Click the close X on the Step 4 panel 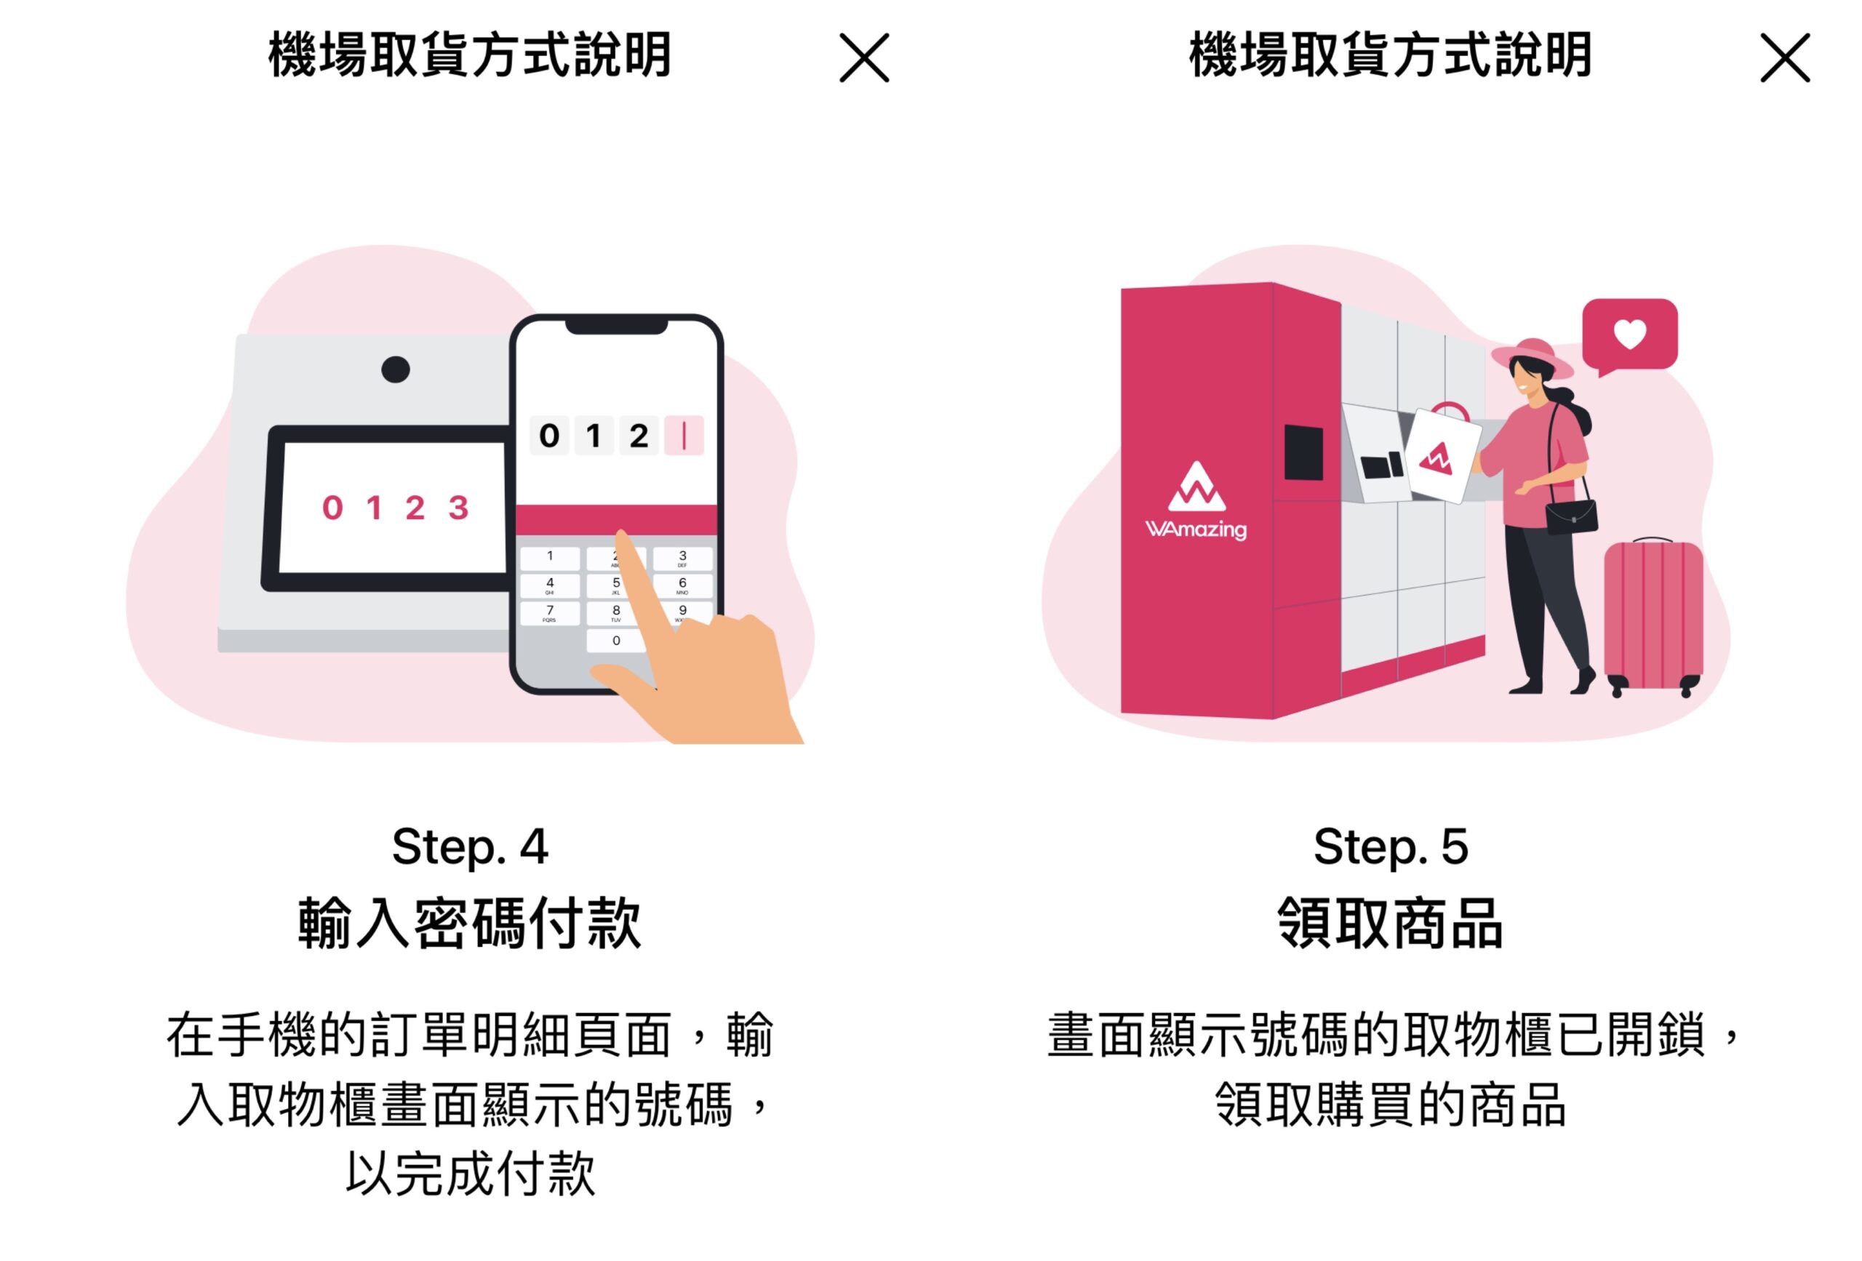tap(863, 57)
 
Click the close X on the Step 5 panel tap(1784, 57)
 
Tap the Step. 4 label tap(470, 846)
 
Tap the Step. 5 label tap(1390, 846)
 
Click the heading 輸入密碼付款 tap(470, 924)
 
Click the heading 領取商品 tap(1390, 924)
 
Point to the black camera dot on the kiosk tap(395, 369)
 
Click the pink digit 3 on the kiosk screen tap(458, 508)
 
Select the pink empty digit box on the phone tap(684, 436)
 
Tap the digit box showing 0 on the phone tap(549, 436)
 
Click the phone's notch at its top tap(616, 326)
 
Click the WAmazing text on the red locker tap(1196, 529)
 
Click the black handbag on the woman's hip tap(1571, 517)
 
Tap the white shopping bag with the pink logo tap(1442, 457)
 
